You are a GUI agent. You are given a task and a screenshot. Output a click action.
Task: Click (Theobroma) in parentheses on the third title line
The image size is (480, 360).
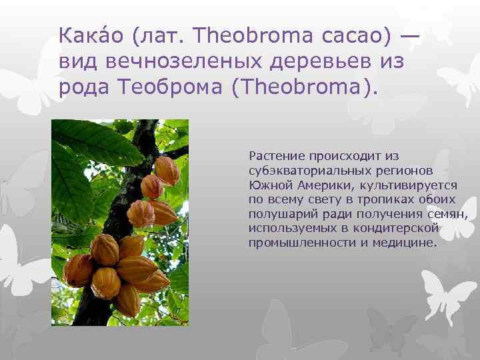click(x=305, y=89)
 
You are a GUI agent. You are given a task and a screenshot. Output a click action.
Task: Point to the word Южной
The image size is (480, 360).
click(x=267, y=185)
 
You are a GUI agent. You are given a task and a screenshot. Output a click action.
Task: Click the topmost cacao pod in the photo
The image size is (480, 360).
click(x=166, y=173)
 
